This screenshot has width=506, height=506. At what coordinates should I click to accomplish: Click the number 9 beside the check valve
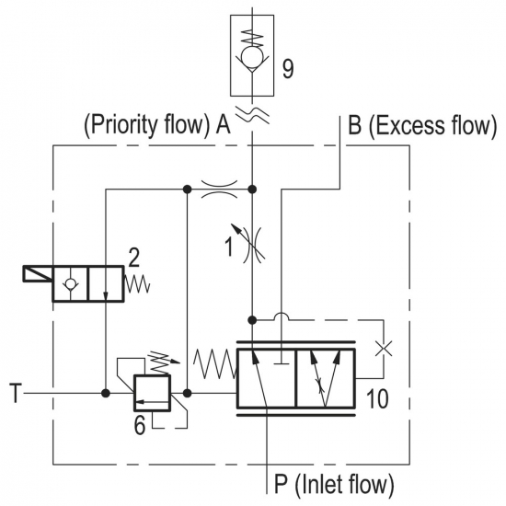[288, 69]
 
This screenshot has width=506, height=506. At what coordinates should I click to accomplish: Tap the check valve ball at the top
[252, 56]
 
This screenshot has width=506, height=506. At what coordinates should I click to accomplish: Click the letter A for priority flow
[223, 124]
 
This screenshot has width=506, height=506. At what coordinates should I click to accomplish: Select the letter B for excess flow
[354, 125]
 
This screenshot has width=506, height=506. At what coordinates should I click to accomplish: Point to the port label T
[17, 393]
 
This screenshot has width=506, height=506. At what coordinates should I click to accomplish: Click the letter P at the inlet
[282, 483]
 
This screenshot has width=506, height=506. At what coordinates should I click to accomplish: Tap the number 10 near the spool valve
[377, 399]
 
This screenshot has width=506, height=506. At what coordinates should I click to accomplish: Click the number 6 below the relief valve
[140, 425]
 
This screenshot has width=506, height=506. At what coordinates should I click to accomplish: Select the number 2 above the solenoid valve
[134, 258]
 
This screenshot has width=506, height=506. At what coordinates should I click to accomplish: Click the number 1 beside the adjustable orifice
[229, 247]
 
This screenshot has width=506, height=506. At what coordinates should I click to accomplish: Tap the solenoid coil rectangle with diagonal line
[38, 274]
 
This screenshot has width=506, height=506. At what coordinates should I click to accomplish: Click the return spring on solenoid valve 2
[137, 284]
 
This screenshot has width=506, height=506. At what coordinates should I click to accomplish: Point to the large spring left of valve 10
[215, 364]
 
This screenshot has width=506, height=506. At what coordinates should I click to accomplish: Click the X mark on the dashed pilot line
[384, 349]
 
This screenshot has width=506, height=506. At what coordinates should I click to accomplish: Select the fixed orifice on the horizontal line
[220, 190]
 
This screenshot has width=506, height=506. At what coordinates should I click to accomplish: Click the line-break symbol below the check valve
[252, 115]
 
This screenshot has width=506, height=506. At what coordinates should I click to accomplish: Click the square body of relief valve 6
[152, 393]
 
